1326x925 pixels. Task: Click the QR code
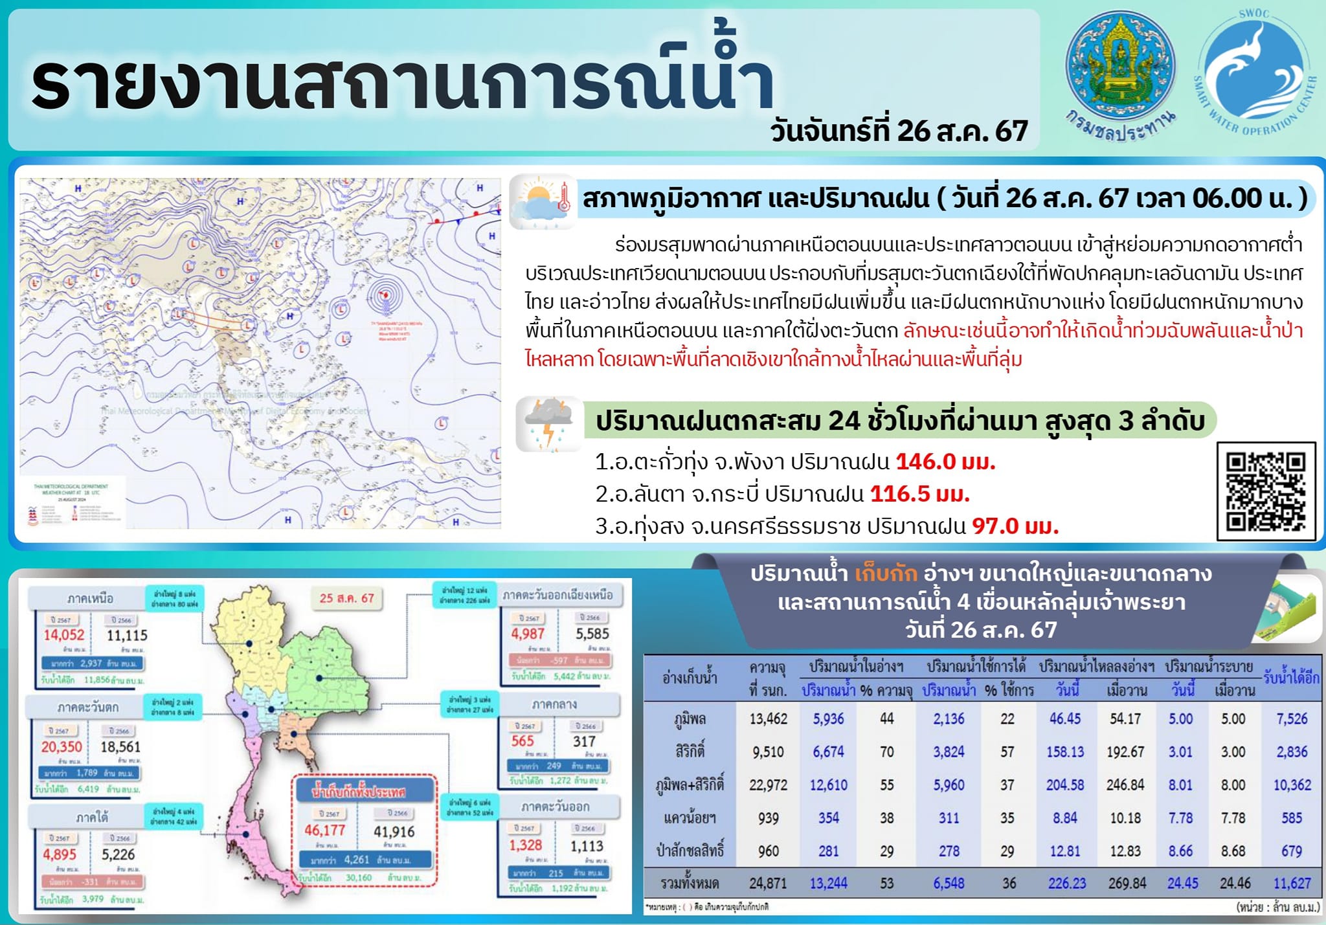pos(1266,491)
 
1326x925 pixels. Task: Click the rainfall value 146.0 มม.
pos(945,462)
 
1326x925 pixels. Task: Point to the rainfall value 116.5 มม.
pos(919,495)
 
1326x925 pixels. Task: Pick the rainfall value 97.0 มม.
pos(1015,526)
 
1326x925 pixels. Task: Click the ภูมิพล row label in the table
pos(690,719)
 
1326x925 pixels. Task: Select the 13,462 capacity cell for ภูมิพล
pos(768,719)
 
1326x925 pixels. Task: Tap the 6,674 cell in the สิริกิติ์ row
pos(828,752)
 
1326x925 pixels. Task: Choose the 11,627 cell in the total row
pos(1292,884)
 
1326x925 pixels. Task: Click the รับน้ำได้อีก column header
pos(1291,678)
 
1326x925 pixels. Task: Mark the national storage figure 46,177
pos(325,830)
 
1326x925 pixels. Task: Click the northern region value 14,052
pos(64,636)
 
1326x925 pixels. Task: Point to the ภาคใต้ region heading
pos(92,818)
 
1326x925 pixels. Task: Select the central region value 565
pos(523,742)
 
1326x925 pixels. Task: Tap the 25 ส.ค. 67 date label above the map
pos(346,598)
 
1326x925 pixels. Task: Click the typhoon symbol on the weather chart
pos(386,296)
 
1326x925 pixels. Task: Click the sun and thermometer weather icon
pos(543,201)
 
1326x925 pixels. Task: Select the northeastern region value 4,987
pos(528,634)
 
